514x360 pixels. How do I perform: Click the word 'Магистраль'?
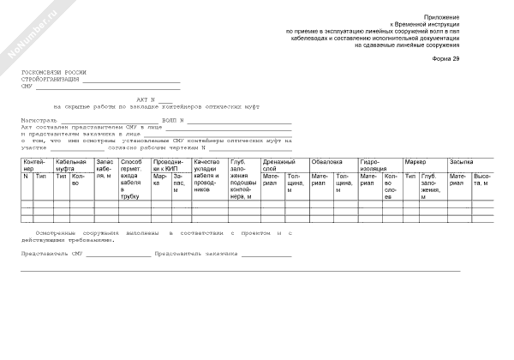click(39, 120)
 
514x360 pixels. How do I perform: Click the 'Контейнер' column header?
click(35, 164)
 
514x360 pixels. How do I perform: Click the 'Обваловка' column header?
click(327, 160)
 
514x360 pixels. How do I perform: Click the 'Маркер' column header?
click(415, 160)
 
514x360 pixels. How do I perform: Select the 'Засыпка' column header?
click(460, 160)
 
